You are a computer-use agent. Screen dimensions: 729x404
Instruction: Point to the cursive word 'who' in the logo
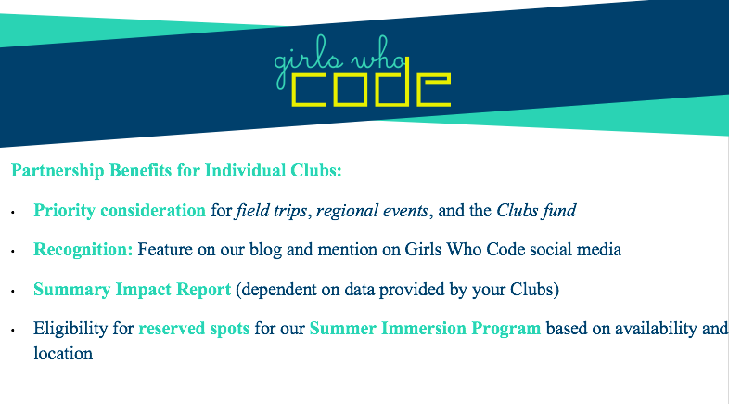[x=378, y=54]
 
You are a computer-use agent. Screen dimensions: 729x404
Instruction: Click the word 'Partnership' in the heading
[x=58, y=171]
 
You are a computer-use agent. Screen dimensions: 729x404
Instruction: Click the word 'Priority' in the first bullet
[x=64, y=211]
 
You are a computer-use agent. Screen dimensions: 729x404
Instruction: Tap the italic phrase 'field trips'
[x=272, y=211]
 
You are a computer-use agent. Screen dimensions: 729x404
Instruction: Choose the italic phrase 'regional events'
[x=372, y=211]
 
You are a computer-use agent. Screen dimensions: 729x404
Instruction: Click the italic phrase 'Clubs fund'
[x=536, y=211]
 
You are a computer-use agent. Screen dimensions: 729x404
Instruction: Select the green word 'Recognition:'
[x=83, y=250]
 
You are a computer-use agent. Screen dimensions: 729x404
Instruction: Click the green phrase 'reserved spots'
[x=195, y=329]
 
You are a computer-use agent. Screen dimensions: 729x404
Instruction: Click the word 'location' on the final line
[x=63, y=354]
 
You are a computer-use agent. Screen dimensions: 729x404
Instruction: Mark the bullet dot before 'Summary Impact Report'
[x=13, y=292]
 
